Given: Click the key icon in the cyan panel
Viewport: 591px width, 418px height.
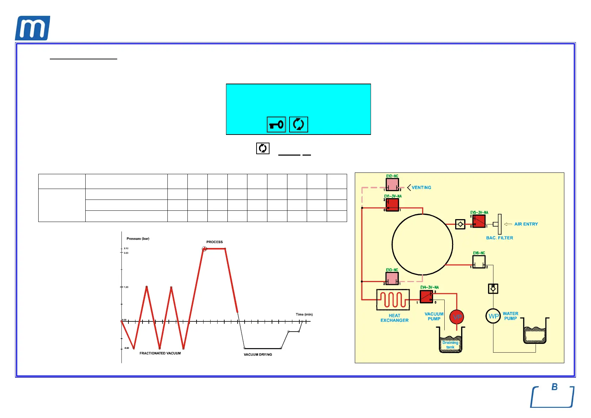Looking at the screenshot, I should [276, 124].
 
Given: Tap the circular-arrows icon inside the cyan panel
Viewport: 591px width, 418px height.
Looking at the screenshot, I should [298, 124].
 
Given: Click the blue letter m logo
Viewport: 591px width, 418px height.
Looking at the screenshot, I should [32, 28].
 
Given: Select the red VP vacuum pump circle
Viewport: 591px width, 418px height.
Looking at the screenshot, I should [457, 317].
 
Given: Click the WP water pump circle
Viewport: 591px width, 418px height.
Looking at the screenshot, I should [493, 316].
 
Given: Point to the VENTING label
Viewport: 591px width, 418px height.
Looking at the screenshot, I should [421, 188].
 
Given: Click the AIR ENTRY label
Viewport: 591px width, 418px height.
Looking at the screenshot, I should [526, 224].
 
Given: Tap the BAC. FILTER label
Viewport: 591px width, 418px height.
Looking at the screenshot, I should [499, 238].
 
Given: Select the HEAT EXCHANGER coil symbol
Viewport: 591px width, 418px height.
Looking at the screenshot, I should [393, 300].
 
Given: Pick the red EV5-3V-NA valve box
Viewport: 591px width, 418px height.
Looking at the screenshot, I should [479, 221].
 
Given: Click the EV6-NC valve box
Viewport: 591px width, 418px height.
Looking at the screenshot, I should [479, 262].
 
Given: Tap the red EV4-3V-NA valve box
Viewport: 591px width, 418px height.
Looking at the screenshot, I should [426, 296].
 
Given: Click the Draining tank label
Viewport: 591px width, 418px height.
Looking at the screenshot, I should [450, 345].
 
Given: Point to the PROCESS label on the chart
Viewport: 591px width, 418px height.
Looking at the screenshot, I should [214, 242].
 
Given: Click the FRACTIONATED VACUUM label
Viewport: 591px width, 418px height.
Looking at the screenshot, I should [160, 353].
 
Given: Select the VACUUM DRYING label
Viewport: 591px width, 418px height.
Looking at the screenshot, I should [258, 355].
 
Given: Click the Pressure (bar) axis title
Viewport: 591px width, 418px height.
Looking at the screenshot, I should [138, 239].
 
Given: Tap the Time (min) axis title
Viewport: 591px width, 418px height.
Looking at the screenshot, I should [304, 314].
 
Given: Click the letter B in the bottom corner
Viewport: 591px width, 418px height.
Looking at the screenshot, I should [555, 387].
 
